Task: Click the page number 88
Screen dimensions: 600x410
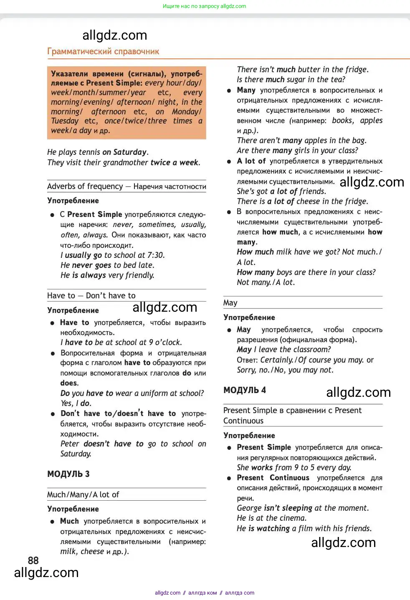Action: click(x=33, y=560)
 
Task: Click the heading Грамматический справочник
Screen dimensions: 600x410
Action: click(x=103, y=51)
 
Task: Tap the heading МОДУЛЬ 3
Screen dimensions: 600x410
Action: click(x=68, y=474)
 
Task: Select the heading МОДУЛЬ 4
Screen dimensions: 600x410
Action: click(x=244, y=390)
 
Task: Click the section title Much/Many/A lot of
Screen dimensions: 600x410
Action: click(x=83, y=494)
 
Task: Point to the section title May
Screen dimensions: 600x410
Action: click(x=230, y=303)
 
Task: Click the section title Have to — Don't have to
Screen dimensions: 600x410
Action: click(x=91, y=295)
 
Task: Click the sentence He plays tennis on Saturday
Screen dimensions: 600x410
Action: click(x=98, y=152)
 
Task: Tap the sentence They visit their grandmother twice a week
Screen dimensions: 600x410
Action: click(x=124, y=163)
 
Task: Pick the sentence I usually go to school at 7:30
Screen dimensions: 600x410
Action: click(x=112, y=255)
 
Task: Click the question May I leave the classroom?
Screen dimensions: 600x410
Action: click(x=283, y=350)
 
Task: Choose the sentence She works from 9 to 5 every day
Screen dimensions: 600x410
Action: click(x=294, y=467)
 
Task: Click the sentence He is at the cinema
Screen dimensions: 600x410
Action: click(x=271, y=518)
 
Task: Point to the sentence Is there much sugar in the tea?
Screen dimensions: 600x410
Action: click(x=291, y=79)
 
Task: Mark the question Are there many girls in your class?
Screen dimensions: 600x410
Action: click(x=297, y=150)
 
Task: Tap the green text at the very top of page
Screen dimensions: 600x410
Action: click(x=204, y=6)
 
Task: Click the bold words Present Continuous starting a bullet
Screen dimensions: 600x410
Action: click(x=273, y=478)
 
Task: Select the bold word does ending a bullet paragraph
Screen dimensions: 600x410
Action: click(x=68, y=383)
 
